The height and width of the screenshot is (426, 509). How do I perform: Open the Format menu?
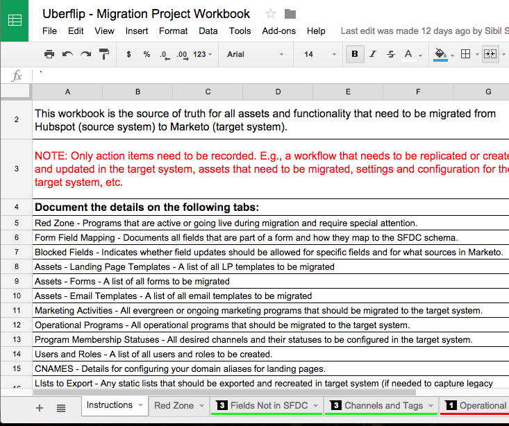coord(173,31)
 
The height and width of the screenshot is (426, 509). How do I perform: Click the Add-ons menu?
coord(278,31)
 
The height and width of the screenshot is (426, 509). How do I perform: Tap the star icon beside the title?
coord(271,14)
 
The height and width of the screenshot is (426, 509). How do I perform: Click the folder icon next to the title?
coord(290,14)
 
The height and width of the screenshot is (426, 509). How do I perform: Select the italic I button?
coord(373,54)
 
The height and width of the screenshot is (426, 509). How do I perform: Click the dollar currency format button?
coord(128,54)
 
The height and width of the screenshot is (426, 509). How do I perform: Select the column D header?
coord(278,92)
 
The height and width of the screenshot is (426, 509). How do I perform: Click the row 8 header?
coord(16,266)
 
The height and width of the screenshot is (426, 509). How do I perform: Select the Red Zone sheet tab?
coord(174,406)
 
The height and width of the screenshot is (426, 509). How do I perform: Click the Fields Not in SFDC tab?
coord(267,406)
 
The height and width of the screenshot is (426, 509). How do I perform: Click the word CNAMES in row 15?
coord(52,368)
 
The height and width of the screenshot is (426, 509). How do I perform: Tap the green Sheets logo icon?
coord(15,20)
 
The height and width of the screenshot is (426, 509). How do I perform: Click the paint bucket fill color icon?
coord(440,53)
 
